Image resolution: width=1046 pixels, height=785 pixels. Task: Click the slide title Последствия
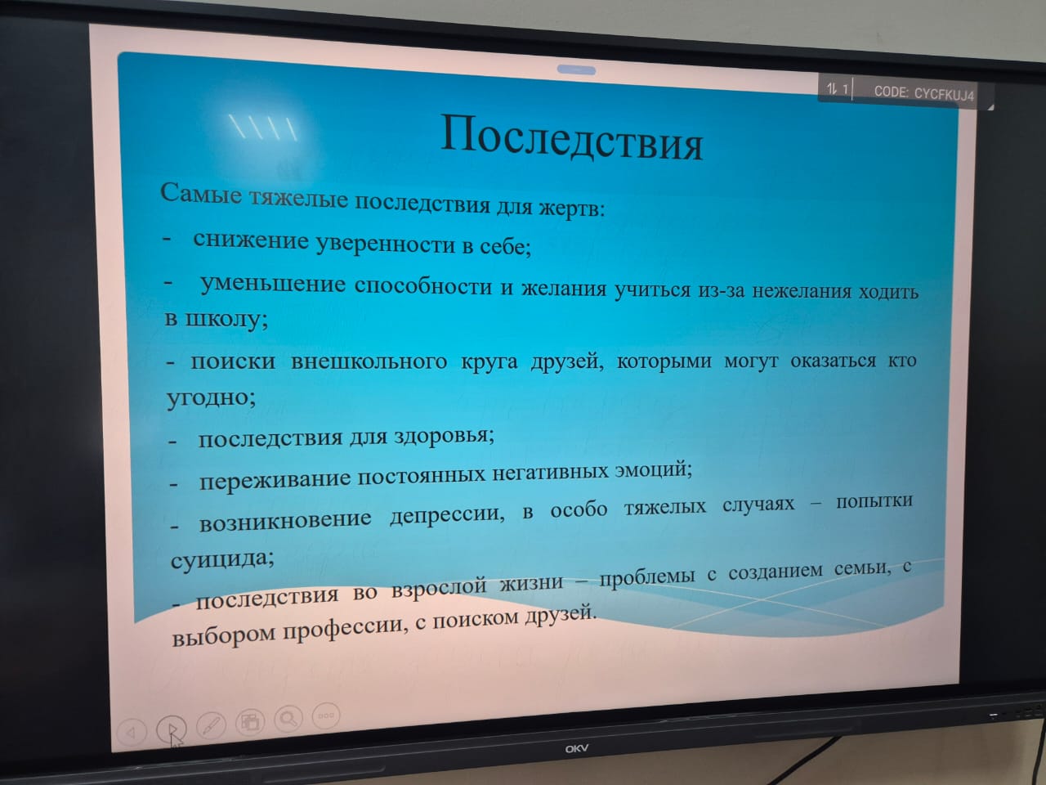point(571,137)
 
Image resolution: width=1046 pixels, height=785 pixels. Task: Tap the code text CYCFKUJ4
point(944,94)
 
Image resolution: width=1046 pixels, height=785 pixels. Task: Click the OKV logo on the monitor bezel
point(577,749)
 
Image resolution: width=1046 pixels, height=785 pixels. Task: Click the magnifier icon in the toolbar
point(288,718)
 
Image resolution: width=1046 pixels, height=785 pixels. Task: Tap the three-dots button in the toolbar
point(326,715)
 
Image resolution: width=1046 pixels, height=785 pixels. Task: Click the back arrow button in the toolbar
point(131,733)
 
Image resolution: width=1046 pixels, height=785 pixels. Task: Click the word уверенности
point(385,244)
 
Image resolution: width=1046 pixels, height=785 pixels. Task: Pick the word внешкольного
point(369,361)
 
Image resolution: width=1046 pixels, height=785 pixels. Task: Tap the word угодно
point(211,397)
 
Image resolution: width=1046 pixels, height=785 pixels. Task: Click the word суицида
point(222,558)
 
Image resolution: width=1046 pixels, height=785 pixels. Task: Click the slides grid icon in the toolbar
point(250,721)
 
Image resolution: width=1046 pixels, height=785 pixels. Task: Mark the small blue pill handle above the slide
point(576,70)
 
